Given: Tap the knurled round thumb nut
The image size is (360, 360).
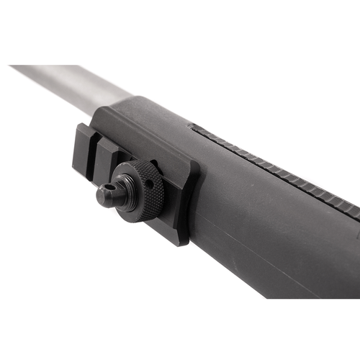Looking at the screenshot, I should (144, 189).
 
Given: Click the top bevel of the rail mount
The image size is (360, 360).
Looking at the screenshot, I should (144, 130).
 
